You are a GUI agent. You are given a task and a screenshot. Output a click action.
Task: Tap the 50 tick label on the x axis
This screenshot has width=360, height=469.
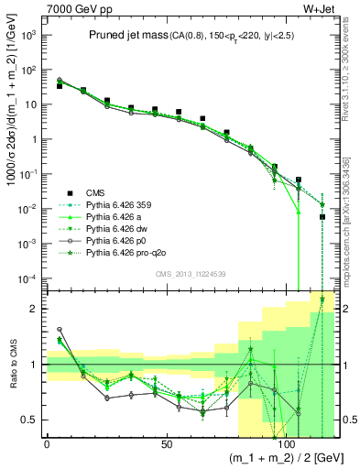(167, 444)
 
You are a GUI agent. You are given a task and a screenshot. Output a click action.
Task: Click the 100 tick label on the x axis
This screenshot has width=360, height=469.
(287, 444)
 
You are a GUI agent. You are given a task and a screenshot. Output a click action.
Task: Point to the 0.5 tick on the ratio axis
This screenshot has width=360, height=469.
(30, 420)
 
